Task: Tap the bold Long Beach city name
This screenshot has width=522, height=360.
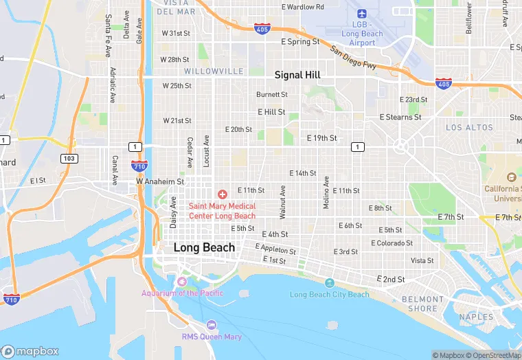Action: [204, 247]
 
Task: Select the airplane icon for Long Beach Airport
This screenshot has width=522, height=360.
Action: [362, 14]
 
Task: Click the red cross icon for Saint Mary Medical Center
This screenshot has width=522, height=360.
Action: [223, 195]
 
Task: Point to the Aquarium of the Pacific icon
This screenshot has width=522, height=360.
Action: [182, 282]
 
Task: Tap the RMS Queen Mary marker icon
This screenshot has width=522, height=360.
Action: [212, 325]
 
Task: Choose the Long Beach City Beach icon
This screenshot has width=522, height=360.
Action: [329, 283]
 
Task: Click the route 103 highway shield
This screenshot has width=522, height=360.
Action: [69, 158]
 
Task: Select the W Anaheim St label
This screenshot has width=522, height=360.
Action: [160, 182]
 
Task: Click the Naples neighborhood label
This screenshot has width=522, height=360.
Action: [477, 317]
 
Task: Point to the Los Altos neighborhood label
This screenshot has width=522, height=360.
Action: [469, 128]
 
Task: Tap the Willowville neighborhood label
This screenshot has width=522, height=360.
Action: [213, 71]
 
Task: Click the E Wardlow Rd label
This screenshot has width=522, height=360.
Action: [303, 7]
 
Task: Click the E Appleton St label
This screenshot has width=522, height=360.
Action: [275, 249]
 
